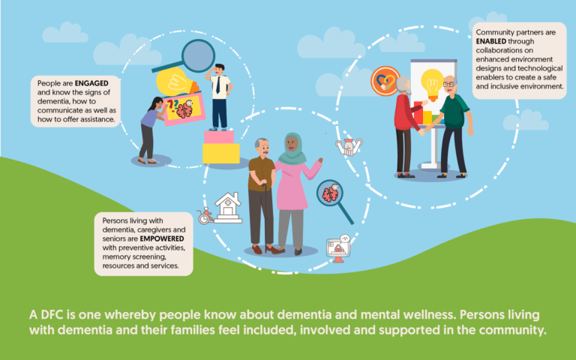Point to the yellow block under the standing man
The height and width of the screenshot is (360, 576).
click(x=221, y=153)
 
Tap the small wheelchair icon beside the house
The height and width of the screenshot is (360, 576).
click(x=204, y=217)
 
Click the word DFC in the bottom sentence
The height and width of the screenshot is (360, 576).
click(x=52, y=313)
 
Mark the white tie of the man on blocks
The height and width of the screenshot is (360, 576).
click(x=217, y=86)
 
